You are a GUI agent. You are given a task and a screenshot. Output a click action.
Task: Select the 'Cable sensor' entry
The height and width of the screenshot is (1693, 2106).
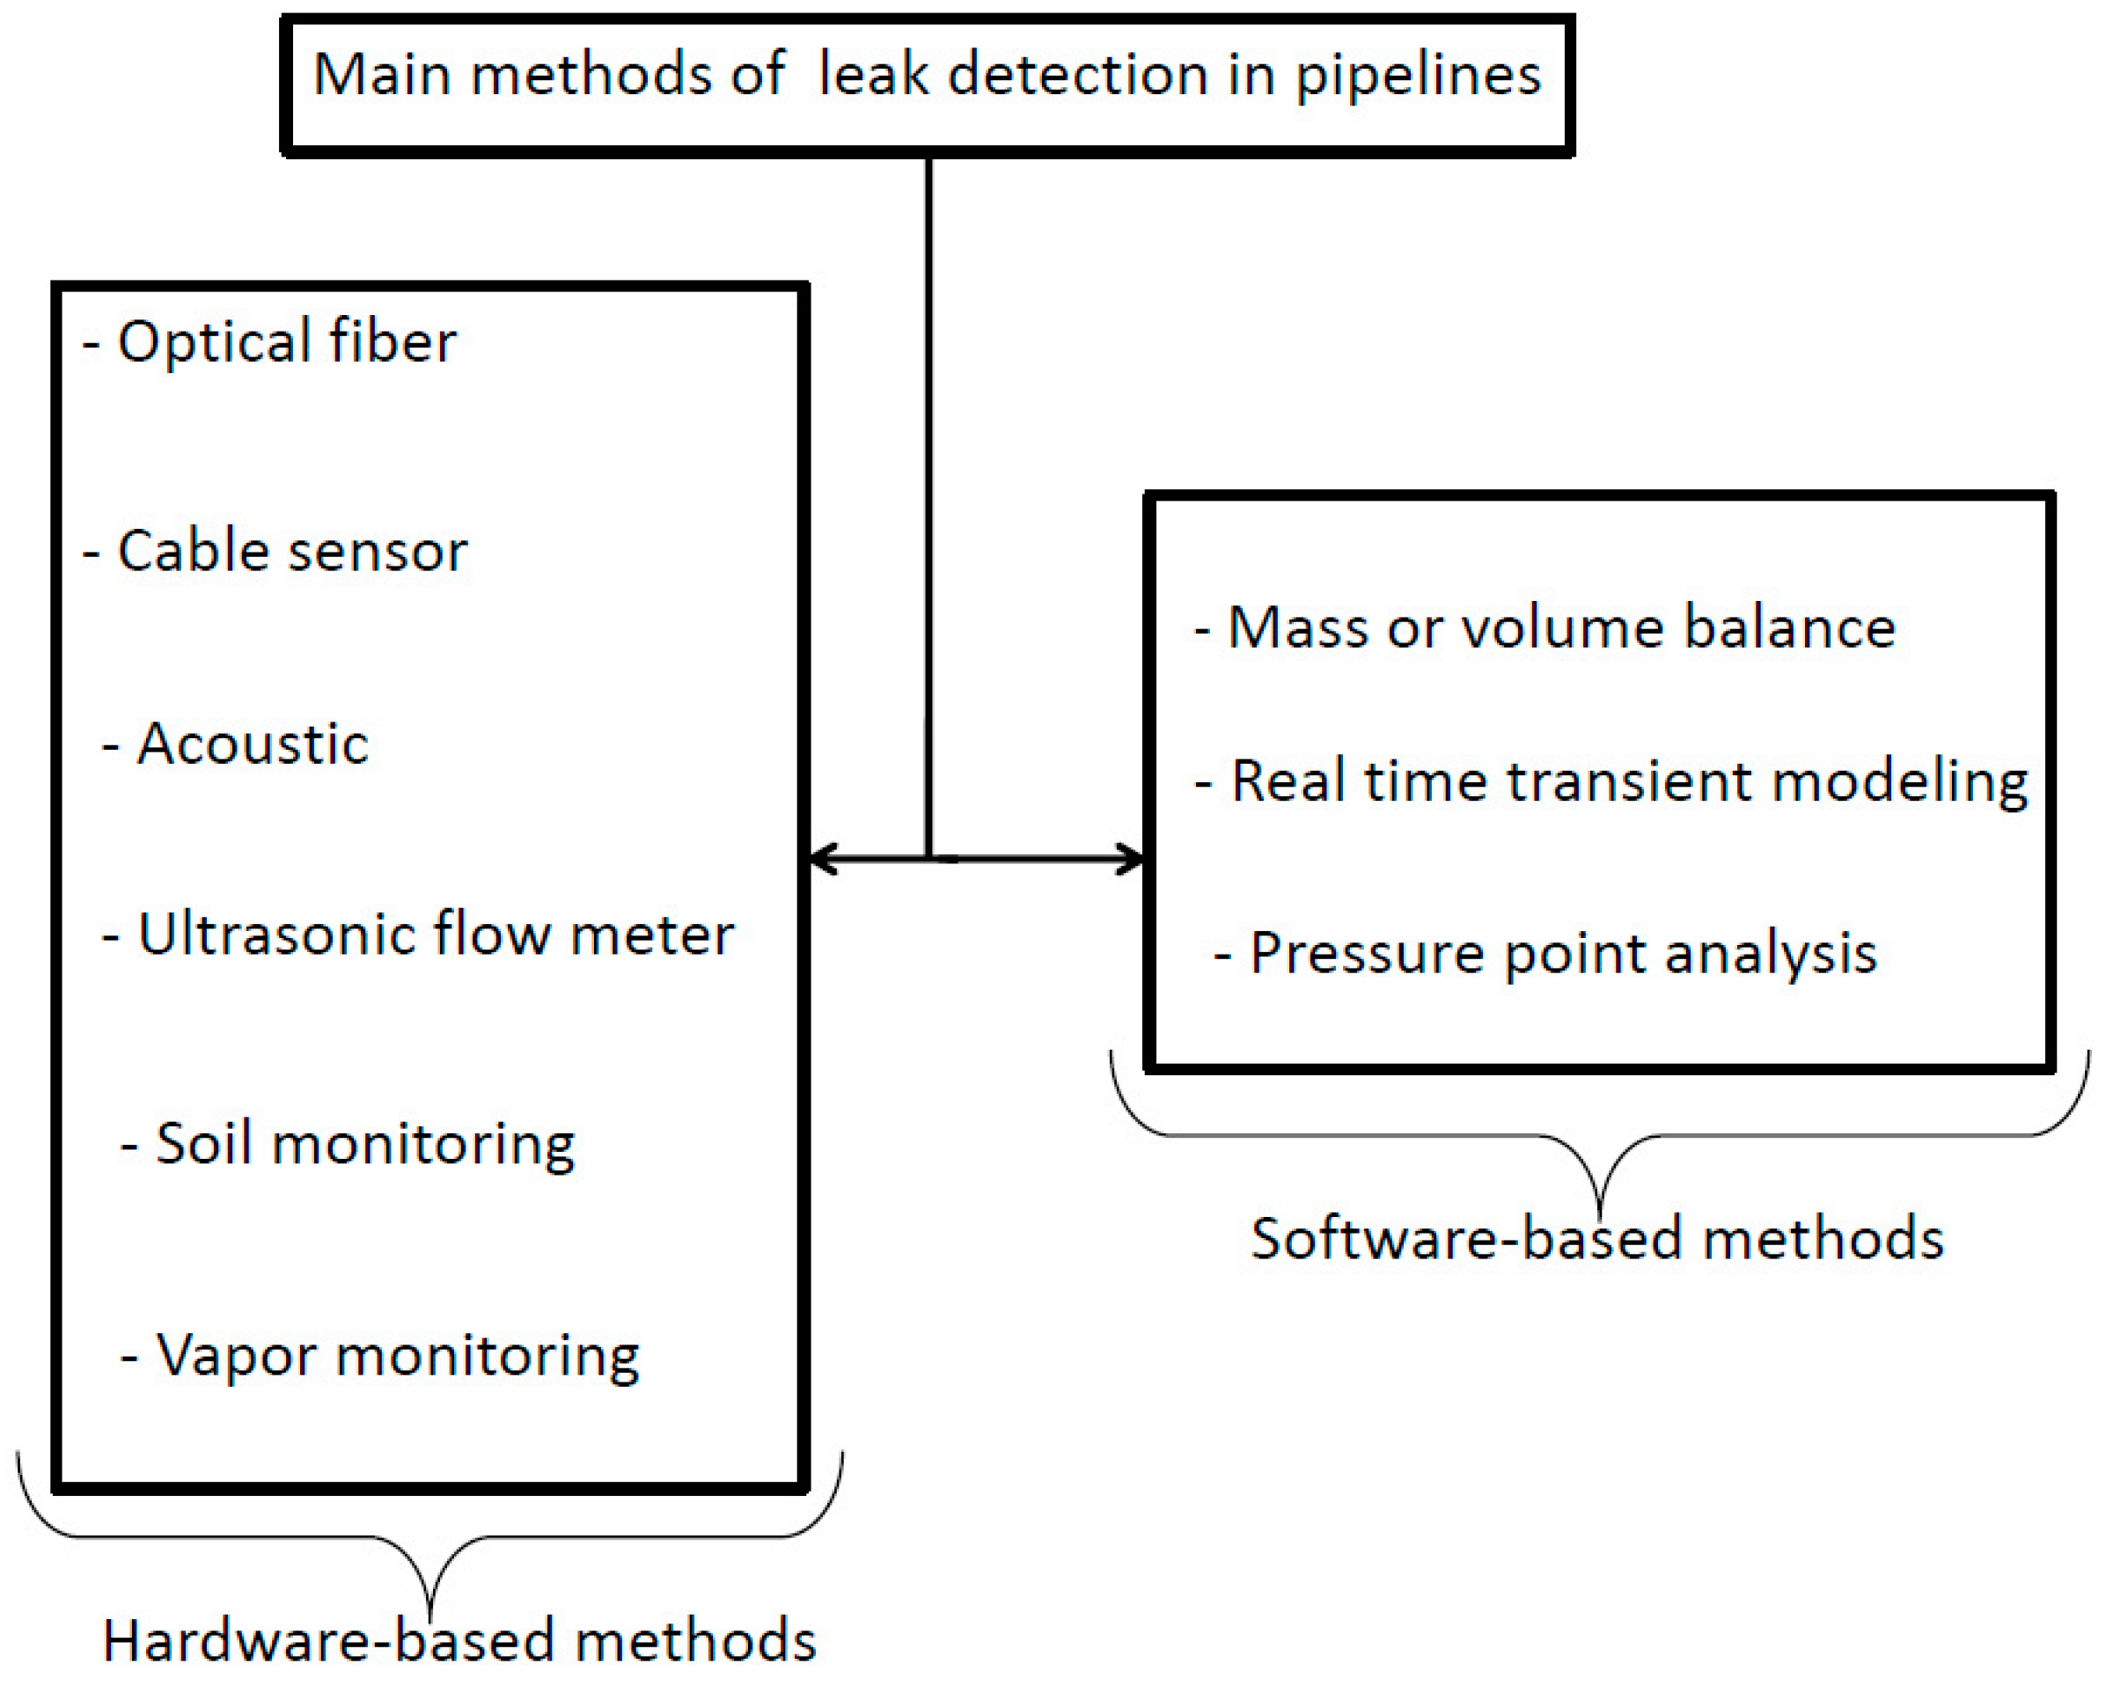[x=276, y=551]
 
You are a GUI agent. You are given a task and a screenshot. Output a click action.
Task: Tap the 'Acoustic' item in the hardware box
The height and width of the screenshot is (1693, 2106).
[x=237, y=744]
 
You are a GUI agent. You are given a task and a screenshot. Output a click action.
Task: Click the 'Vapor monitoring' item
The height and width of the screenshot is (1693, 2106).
[x=381, y=1356]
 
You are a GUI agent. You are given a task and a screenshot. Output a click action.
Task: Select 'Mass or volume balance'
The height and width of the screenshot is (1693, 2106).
[x=1545, y=627]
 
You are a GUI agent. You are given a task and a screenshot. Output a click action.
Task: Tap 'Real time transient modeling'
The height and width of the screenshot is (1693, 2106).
[x=1611, y=781]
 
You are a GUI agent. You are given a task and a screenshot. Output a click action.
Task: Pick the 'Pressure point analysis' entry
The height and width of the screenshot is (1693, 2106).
[x=1545, y=954]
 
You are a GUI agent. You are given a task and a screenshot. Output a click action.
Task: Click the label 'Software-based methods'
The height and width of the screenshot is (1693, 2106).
[x=1597, y=1239]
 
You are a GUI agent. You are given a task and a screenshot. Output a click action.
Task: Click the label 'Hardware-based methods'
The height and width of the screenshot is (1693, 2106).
[x=459, y=1640]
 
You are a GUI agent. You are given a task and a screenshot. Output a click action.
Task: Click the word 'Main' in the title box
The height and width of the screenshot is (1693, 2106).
[x=381, y=74]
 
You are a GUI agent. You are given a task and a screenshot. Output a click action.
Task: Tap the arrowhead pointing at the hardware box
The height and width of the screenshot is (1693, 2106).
[x=820, y=860]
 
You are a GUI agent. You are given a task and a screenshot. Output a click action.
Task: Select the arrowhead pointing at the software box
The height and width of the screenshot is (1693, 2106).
[x=1134, y=860]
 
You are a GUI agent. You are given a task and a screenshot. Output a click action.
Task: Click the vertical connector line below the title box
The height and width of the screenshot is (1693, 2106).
[x=929, y=488]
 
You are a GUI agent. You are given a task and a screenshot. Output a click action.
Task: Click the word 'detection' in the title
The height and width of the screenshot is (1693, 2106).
[x=1078, y=74]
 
